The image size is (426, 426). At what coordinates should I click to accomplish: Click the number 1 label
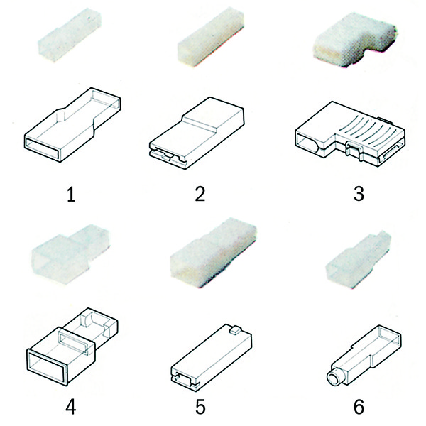pyautogui.click(x=71, y=195)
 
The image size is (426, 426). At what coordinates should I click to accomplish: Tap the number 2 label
pyautogui.click(x=200, y=194)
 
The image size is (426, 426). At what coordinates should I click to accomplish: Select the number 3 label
pyautogui.click(x=359, y=194)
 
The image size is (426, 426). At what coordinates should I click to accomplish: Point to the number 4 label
pyautogui.click(x=70, y=407)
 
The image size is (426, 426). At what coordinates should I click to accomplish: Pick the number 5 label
pyautogui.click(x=200, y=407)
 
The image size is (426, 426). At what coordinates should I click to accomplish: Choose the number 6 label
pyautogui.click(x=359, y=407)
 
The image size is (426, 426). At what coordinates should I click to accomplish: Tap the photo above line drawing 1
pyautogui.click(x=70, y=35)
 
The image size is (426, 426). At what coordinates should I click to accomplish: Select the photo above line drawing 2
pyautogui.click(x=211, y=37)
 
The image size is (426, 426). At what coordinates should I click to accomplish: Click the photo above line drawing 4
pyautogui.click(x=71, y=253)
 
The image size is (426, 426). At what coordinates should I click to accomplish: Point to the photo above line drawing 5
pyautogui.click(x=214, y=252)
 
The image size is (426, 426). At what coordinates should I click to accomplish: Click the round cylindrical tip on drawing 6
pyautogui.click(x=335, y=376)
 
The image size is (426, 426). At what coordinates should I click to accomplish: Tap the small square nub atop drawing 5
pyautogui.click(x=235, y=330)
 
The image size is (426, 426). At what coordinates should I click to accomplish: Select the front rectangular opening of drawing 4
pyautogui.click(x=47, y=367)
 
